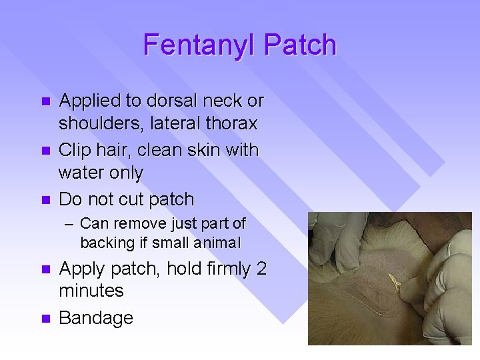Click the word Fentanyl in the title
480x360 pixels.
coord(200,45)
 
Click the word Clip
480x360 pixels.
coord(75,150)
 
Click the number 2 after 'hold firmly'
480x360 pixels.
coord(261,269)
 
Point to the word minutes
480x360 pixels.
coord(91,291)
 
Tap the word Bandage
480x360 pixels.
coord(96,318)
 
